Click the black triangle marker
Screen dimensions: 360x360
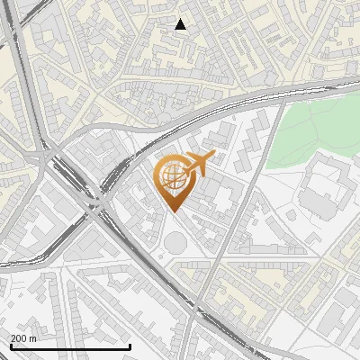[x=181, y=24]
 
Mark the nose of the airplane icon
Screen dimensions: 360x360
[x=211, y=157]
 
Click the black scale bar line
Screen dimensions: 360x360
[x=70, y=346]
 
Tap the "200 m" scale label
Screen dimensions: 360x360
[x=23, y=338]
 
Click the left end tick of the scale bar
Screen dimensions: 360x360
[x=10, y=346]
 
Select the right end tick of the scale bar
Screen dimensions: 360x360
[x=130, y=346]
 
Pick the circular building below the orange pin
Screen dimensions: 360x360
[x=174, y=242]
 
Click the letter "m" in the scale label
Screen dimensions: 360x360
[x=33, y=338]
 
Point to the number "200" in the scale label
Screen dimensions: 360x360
[x=19, y=338]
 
